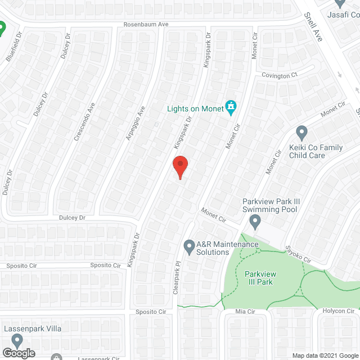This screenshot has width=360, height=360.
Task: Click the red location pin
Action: [179, 167]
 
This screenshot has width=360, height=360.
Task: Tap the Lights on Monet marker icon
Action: [230, 106]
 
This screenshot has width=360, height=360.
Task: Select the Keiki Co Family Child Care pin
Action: [301, 133]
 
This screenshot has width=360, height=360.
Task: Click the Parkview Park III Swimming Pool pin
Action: [255, 222]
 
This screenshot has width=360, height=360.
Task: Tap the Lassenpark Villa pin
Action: [17, 340]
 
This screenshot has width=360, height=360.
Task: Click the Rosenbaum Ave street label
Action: [146, 25]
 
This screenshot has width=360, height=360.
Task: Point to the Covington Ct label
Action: [278, 75]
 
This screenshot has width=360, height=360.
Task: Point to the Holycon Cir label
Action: [338, 311]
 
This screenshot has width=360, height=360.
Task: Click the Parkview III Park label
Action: [259, 278]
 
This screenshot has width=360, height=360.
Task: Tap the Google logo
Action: [18, 353]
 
